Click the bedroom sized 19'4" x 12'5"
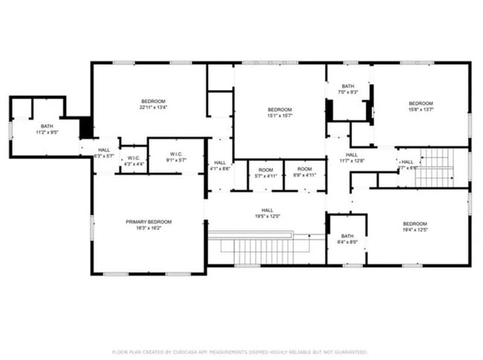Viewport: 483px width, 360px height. pyautogui.click(x=415, y=228)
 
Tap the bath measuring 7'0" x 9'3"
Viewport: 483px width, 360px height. pyautogui.click(x=348, y=89)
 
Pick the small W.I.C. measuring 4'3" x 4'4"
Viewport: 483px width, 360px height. pyautogui.click(x=133, y=161)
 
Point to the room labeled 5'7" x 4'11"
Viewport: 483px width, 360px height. pyautogui.click(x=265, y=173)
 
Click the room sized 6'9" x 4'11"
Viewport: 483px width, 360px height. pyautogui.click(x=305, y=173)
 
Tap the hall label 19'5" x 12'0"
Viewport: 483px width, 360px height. pyautogui.click(x=268, y=213)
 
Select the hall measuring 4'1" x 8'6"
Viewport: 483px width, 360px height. pyautogui.click(x=220, y=166)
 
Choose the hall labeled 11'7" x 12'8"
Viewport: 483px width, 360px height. pyautogui.click(x=351, y=158)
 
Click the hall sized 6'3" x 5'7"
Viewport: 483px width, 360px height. pyautogui.click(x=103, y=153)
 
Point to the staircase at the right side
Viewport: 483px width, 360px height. pyautogui.click(x=436, y=168)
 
